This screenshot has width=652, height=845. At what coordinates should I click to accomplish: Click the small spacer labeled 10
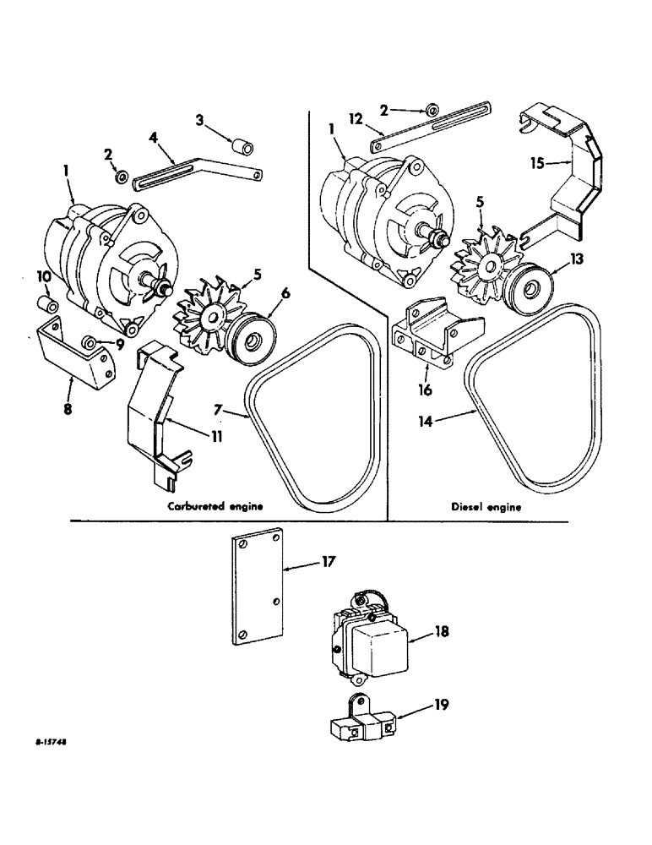tap(49, 303)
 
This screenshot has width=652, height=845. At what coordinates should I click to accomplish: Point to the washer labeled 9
tap(90, 344)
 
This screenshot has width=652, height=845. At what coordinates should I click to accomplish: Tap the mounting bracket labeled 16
tap(437, 339)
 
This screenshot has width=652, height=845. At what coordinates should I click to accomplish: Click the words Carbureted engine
tap(215, 507)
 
